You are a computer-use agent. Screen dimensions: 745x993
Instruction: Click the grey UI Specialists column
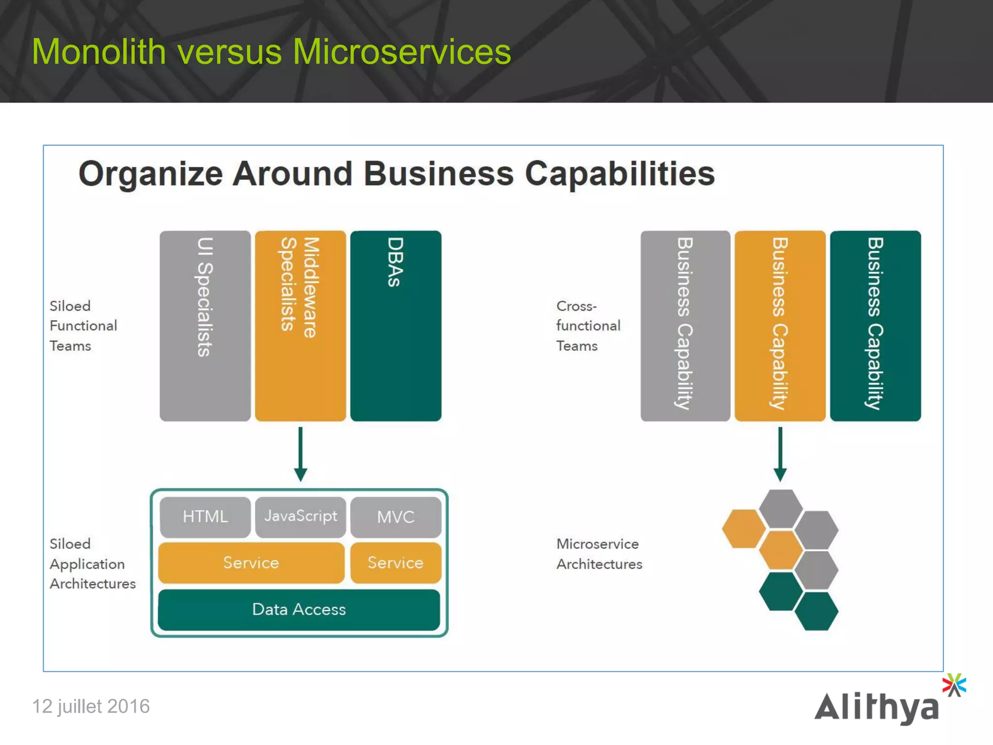205,325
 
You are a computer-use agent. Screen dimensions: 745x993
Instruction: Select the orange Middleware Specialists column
300,325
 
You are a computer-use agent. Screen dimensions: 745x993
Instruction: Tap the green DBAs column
396,325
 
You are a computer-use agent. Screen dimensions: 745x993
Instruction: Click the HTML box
205,517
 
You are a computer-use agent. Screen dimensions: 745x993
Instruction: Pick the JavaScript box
301,517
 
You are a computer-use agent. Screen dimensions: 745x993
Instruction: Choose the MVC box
396,517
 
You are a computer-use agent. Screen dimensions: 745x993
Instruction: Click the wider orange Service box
251,563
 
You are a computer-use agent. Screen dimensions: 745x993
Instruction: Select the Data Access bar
299,610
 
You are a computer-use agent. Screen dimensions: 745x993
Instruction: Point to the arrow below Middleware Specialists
301,453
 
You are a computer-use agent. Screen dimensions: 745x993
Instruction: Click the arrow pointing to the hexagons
780,453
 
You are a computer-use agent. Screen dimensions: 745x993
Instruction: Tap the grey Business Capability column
685,325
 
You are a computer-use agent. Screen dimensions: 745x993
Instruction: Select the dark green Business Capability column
875,325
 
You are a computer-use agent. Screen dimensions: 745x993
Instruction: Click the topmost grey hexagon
781,508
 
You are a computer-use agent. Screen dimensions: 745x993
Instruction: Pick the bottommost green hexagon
817,611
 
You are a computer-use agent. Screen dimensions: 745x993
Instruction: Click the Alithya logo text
877,707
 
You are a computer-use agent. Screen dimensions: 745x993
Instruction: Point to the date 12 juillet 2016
91,706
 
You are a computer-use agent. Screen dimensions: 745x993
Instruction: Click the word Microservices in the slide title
401,52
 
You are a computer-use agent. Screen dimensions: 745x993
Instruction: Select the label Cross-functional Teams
588,325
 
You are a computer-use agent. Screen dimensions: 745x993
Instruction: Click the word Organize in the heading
150,174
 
